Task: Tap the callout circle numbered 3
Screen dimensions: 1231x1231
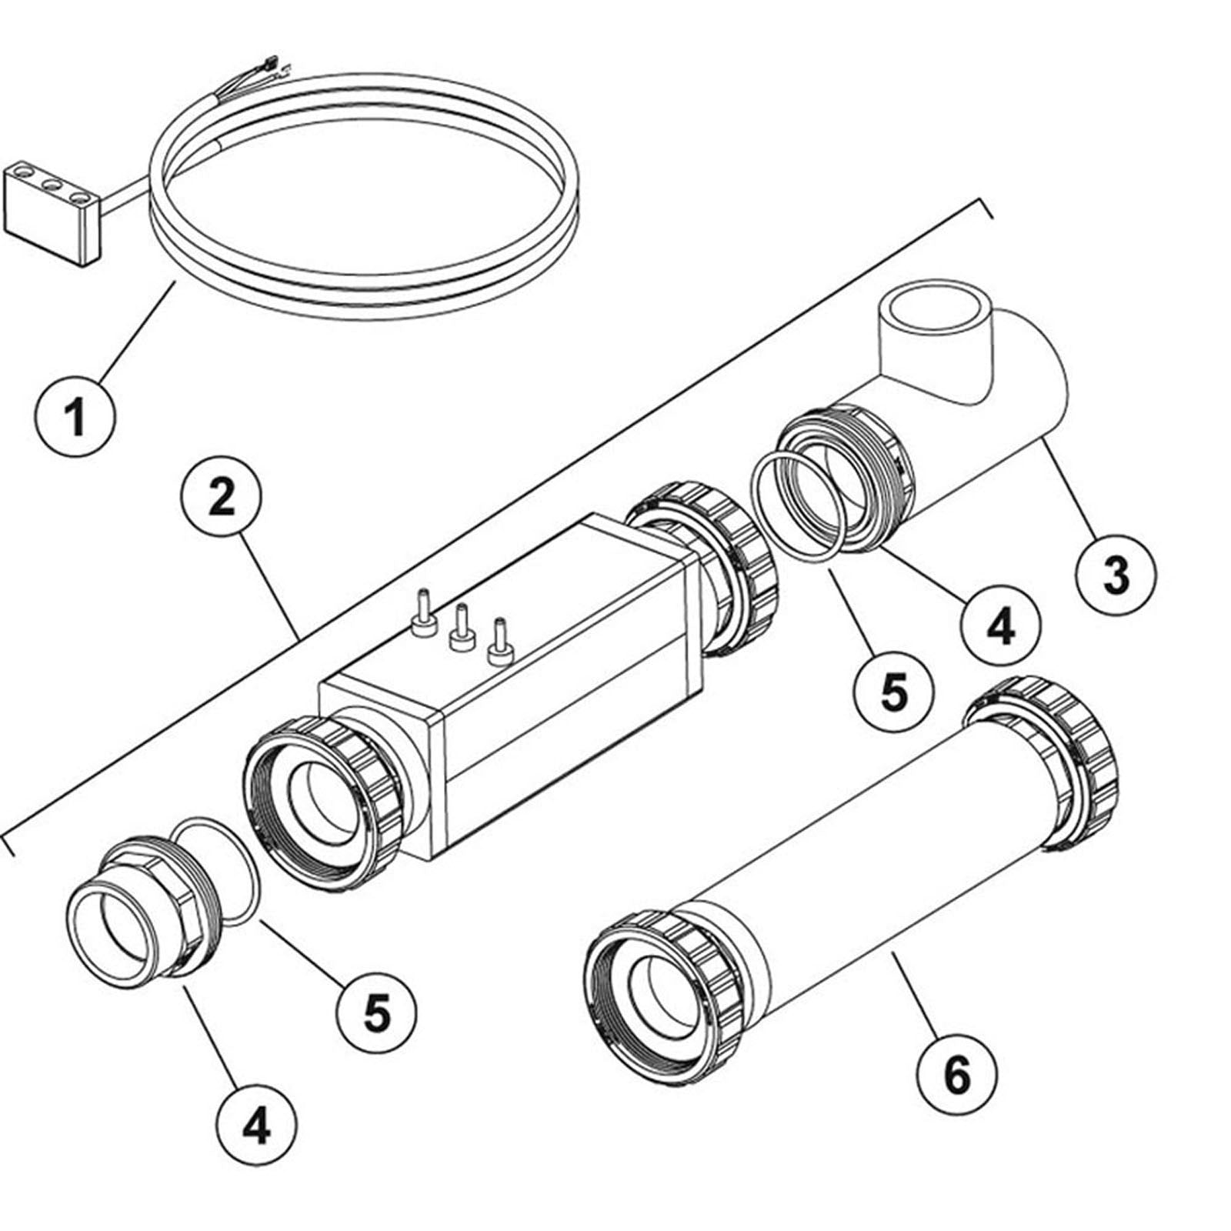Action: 1116,574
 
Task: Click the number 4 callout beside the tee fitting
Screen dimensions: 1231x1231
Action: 1000,628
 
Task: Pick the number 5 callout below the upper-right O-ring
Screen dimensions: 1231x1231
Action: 894,691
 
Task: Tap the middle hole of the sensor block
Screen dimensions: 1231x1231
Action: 52,185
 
